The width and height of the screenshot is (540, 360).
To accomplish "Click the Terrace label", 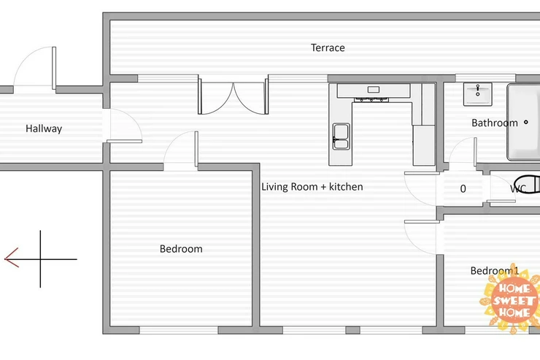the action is (328, 47).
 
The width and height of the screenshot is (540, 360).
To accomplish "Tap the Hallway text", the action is (44, 129).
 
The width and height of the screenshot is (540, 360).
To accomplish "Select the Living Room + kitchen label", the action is (312, 187).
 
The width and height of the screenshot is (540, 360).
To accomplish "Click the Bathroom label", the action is (495, 123).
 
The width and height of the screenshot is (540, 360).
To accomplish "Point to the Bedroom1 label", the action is (495, 271).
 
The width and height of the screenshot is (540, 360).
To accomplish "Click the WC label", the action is (517, 189).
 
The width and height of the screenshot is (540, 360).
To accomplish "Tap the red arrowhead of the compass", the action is (12, 258).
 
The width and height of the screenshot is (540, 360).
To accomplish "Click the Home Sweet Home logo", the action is (513, 299).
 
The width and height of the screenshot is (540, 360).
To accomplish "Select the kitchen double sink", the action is (341, 137).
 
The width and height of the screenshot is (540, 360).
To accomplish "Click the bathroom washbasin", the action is (478, 94).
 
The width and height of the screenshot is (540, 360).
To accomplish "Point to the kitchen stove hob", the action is (371, 100).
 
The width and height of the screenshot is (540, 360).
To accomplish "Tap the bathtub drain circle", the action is (526, 122).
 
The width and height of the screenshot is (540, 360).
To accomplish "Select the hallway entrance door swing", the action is (35, 67).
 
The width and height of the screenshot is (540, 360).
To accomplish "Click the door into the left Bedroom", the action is (181, 150).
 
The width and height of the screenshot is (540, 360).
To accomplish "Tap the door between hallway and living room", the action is (123, 126).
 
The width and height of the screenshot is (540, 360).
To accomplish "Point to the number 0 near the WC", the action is (463, 189).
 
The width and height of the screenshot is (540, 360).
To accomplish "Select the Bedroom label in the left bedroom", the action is (181, 249).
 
